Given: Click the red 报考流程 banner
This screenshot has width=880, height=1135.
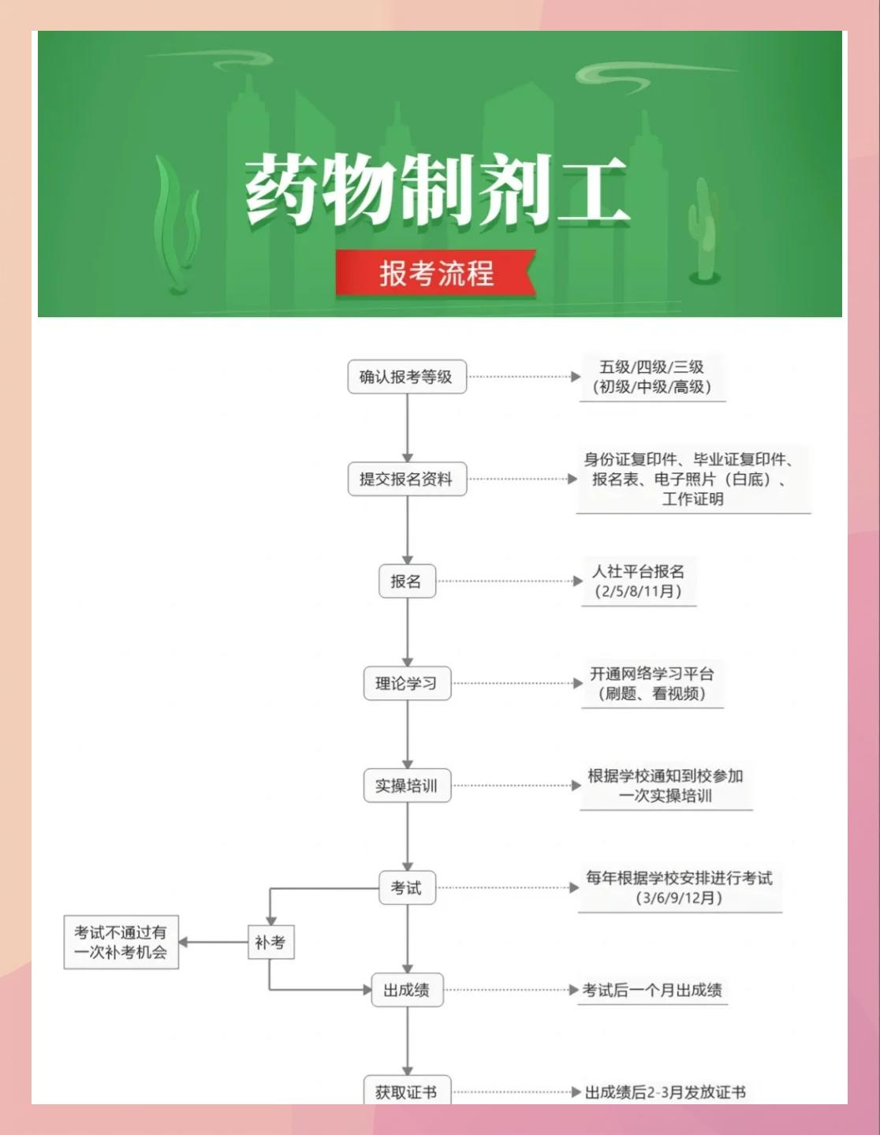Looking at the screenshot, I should (x=436, y=273).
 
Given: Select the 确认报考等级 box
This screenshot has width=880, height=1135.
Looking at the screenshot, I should (x=407, y=377).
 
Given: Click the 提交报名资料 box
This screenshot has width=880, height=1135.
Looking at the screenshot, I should (x=407, y=479).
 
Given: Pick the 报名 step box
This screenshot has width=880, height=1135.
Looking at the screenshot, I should (x=407, y=581).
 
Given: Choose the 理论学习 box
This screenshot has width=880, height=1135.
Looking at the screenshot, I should (x=407, y=683).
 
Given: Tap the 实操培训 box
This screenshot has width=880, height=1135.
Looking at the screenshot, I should (x=407, y=786).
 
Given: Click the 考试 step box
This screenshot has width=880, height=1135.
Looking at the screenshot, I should (x=407, y=887).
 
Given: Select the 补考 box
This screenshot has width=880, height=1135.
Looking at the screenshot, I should (x=270, y=942).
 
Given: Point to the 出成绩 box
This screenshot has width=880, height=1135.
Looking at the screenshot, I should (x=407, y=990).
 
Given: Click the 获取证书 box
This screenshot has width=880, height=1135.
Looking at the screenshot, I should (x=407, y=1092).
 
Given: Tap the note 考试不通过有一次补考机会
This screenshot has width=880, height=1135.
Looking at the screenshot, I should (x=121, y=942).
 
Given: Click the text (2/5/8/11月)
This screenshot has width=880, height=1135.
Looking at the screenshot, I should (x=639, y=592).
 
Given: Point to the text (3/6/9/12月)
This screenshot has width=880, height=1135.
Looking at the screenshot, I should (x=679, y=898).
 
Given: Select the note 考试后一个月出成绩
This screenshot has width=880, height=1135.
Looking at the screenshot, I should (x=652, y=990).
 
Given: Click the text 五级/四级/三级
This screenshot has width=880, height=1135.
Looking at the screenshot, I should (x=652, y=367).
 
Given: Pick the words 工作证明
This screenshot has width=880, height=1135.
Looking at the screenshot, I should (x=692, y=498).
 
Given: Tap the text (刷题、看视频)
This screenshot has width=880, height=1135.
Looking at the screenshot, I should (x=652, y=693).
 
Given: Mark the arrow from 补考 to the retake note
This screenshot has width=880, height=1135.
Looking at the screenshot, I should (x=213, y=942).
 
